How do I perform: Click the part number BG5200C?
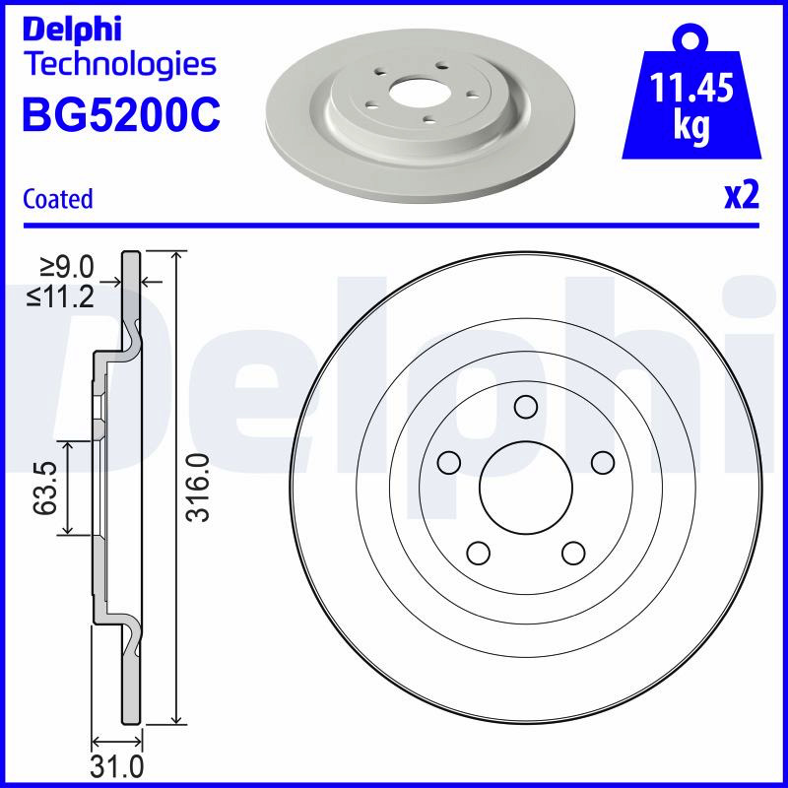[x=121, y=115]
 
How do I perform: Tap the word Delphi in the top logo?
[x=72, y=30]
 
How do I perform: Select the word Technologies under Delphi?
[x=121, y=65]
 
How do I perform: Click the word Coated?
[x=58, y=199]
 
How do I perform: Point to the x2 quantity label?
[x=742, y=196]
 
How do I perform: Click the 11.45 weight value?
[x=692, y=88]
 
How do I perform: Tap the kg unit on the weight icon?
[x=691, y=126]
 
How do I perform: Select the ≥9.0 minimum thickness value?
[x=67, y=267]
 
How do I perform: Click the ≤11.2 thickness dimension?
[x=61, y=296]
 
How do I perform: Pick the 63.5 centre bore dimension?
[x=44, y=489]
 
